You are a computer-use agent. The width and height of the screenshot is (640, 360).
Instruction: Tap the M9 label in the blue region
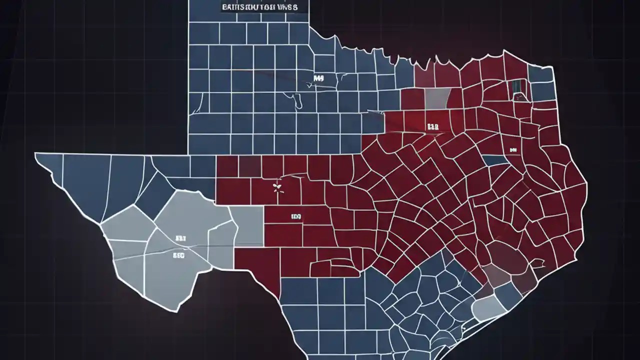[318, 78]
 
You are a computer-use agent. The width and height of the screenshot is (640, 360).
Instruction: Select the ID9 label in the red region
[296, 217]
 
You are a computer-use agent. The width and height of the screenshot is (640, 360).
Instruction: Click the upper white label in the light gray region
[180, 239]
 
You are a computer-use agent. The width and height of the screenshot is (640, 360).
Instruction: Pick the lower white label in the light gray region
[178, 255]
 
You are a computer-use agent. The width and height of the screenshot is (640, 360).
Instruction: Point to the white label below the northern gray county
[432, 127]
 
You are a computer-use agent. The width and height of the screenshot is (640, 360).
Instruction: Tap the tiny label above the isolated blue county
[513, 149]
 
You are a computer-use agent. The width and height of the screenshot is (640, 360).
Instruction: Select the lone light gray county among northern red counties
[437, 98]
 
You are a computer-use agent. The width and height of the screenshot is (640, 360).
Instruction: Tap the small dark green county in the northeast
[517, 87]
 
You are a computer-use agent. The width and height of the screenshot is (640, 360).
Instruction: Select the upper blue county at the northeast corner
[540, 74]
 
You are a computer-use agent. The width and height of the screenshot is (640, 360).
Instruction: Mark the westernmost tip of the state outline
[36, 155]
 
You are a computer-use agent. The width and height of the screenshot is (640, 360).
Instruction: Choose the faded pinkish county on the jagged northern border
[423, 76]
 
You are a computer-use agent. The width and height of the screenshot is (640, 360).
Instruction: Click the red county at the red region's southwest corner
[257, 265]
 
